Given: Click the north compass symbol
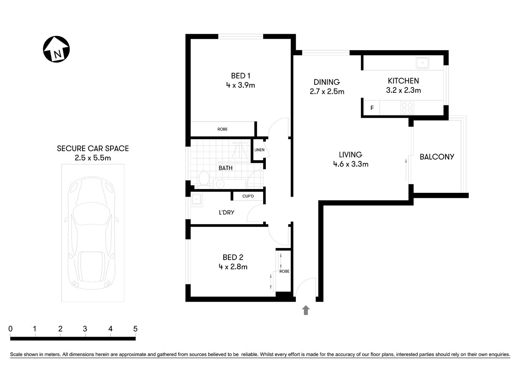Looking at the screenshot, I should tap(56, 49).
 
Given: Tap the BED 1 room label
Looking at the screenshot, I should tap(241, 76).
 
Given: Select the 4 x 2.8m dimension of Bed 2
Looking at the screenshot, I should tap(233, 267).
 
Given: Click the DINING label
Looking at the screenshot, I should tap(326, 82).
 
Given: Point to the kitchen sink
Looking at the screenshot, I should tap(423, 62).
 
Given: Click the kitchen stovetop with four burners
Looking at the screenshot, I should tap(407, 108).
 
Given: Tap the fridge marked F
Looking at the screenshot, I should tap(372, 108).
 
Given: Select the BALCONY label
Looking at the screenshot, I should tap(437, 157).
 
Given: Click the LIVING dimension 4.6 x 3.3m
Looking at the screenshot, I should tap(351, 164).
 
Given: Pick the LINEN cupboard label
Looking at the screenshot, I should tap(259, 150).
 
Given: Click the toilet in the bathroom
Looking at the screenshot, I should tap(204, 179).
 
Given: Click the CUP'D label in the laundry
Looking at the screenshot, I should tap(248, 196).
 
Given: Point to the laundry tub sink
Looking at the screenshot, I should tap(197, 200).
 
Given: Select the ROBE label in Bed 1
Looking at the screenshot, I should tap(223, 129).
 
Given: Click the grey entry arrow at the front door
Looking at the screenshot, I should tap(306, 310).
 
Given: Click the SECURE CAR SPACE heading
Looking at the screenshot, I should tap(93, 148).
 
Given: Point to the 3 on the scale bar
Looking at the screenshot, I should tap(85, 329).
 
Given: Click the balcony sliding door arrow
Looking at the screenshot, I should tap(406, 168).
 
